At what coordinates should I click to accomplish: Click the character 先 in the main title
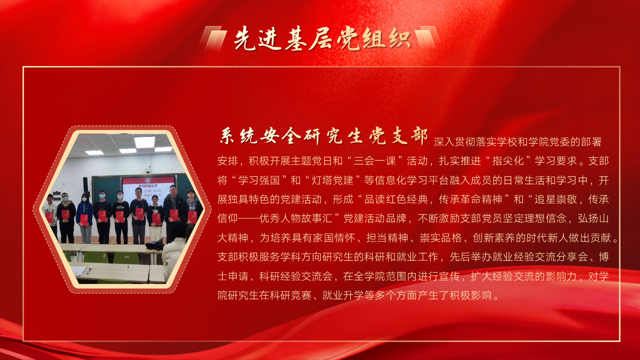tap(245, 39)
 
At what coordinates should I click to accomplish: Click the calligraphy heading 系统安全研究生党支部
tap(323, 136)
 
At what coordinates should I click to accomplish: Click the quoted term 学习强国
tap(259, 180)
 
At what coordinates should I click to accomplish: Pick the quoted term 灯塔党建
tap(332, 180)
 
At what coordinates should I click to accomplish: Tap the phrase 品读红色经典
tap(395, 199)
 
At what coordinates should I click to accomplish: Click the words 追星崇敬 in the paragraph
tap(555, 199)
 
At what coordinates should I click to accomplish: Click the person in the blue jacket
tap(84, 217)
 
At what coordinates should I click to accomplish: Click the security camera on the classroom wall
tap(148, 171)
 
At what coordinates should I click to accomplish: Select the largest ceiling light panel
tap(145, 141)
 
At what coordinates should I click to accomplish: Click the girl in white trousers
tap(155, 218)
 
